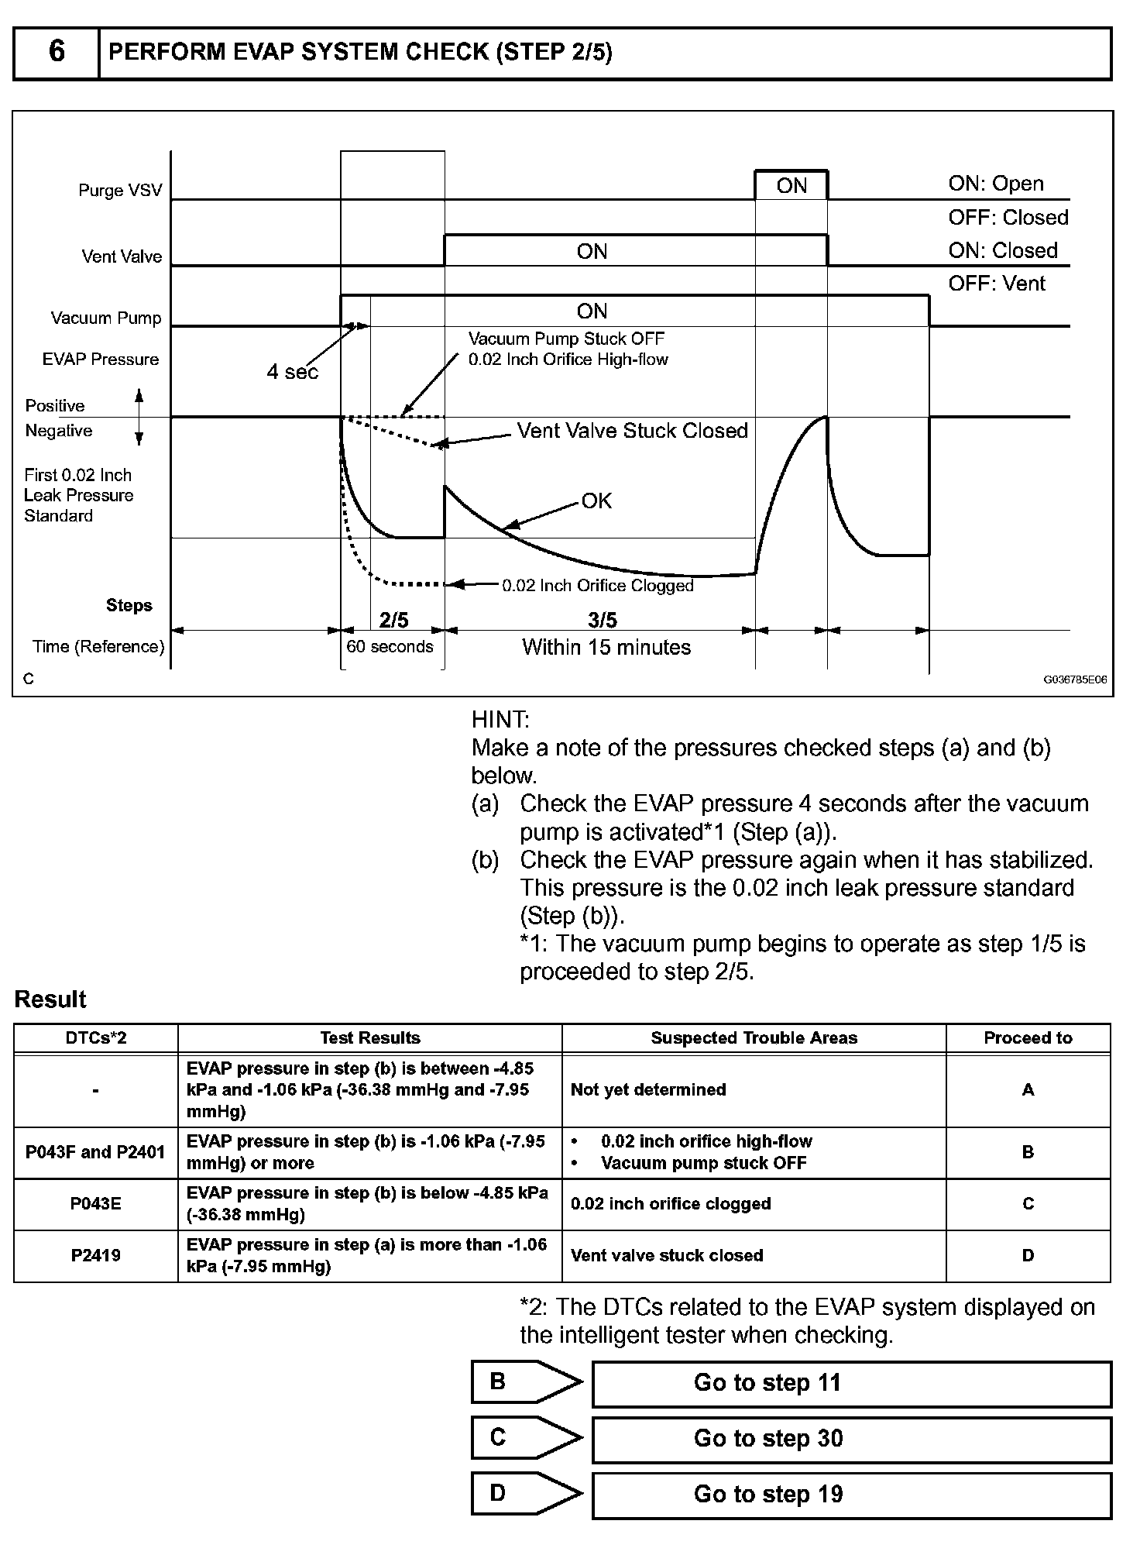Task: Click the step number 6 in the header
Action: (57, 52)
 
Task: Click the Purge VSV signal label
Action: (120, 191)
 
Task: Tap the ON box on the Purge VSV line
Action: (791, 186)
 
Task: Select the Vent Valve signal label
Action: (122, 256)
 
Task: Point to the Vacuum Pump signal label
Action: (106, 318)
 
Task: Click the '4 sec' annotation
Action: (292, 373)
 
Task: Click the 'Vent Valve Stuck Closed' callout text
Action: (632, 431)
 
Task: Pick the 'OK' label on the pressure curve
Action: (596, 501)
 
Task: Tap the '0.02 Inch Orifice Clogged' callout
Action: (598, 586)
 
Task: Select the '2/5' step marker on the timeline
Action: (393, 620)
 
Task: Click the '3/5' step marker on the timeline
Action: (603, 620)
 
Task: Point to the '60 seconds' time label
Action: (390, 647)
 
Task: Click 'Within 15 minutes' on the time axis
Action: (606, 647)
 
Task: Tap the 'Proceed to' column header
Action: (1028, 1038)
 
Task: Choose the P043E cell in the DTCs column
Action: (96, 1204)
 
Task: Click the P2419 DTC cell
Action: (96, 1256)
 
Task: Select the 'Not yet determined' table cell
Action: (648, 1090)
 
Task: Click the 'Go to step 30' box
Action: (851, 1439)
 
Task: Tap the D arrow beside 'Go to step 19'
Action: (527, 1494)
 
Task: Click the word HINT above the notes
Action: (500, 720)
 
